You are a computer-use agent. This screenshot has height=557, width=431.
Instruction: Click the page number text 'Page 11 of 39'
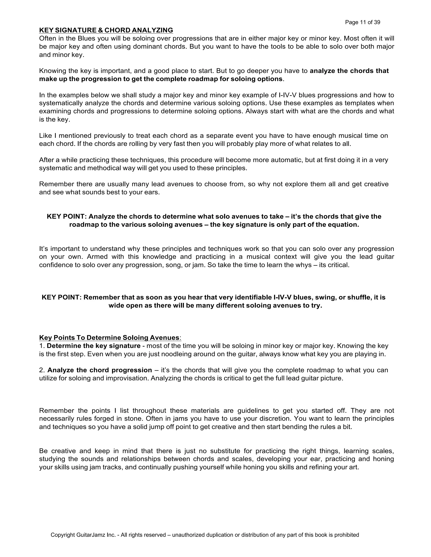point(362,22)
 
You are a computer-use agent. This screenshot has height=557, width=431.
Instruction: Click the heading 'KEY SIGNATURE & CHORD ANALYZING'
point(106,30)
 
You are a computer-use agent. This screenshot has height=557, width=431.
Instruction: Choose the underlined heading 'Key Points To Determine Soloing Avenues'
point(109,338)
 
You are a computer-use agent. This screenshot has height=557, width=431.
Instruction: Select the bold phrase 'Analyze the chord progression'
point(100,370)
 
